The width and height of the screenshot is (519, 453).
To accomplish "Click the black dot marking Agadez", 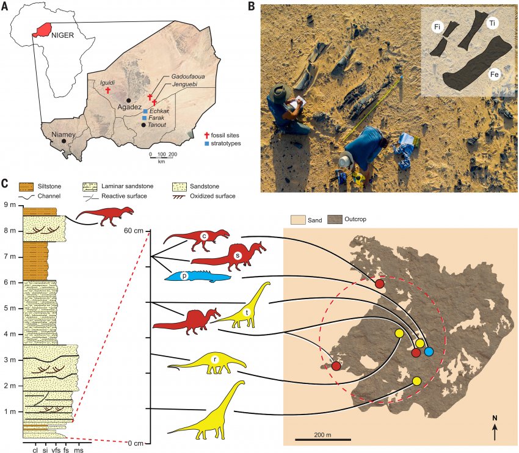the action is coord(129,100).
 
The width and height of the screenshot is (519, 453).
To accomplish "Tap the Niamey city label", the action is coord(64,135).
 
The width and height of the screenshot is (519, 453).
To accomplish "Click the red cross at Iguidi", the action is coord(107,90).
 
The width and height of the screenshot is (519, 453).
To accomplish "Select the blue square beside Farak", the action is coord(144,118).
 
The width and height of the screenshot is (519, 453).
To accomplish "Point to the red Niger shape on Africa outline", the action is coord(43,30).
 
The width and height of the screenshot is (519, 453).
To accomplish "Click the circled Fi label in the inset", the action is coord(437,27).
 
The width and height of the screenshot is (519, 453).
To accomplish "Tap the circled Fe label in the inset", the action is coord(495,74).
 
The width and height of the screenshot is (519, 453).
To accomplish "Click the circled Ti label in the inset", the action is coord(493,23).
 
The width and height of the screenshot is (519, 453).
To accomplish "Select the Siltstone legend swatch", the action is coord(26,187).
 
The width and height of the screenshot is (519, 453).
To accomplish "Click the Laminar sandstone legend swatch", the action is coord(90,187).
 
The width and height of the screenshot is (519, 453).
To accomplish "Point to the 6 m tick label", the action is coord(8,282).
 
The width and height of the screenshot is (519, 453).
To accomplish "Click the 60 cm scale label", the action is coord(134,231).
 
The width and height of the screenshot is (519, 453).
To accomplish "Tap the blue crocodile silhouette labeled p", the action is coord(197,277).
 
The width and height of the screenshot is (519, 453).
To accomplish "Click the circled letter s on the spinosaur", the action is coord(237,255).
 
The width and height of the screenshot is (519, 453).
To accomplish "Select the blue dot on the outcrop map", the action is coord(429,352).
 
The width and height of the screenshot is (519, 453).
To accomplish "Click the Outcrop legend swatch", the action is coord(335,219).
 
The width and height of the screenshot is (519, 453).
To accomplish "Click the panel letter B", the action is coord(252,6).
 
